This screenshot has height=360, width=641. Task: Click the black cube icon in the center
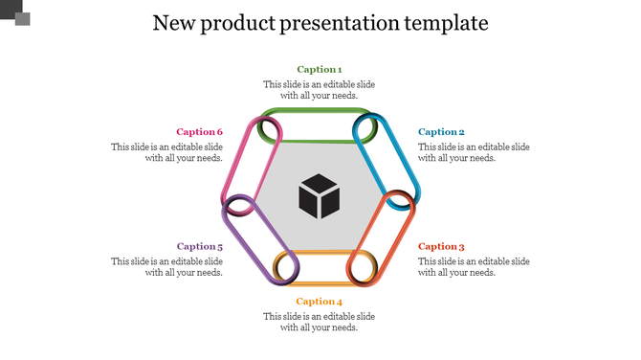click(x=319, y=195)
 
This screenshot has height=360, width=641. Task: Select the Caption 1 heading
click(x=319, y=69)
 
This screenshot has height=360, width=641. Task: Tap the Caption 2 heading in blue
click(x=441, y=132)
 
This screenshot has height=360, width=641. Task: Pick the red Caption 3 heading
click(x=441, y=246)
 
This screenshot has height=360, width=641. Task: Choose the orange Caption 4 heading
click(x=319, y=302)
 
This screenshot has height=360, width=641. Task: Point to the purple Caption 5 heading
click(x=200, y=246)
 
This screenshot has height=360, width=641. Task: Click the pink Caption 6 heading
click(x=200, y=132)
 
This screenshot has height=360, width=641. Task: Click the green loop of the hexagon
click(x=319, y=113)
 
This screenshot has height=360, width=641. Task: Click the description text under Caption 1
click(x=319, y=90)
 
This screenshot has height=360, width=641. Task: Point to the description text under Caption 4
click(x=319, y=322)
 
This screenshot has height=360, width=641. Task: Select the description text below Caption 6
click(x=167, y=152)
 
